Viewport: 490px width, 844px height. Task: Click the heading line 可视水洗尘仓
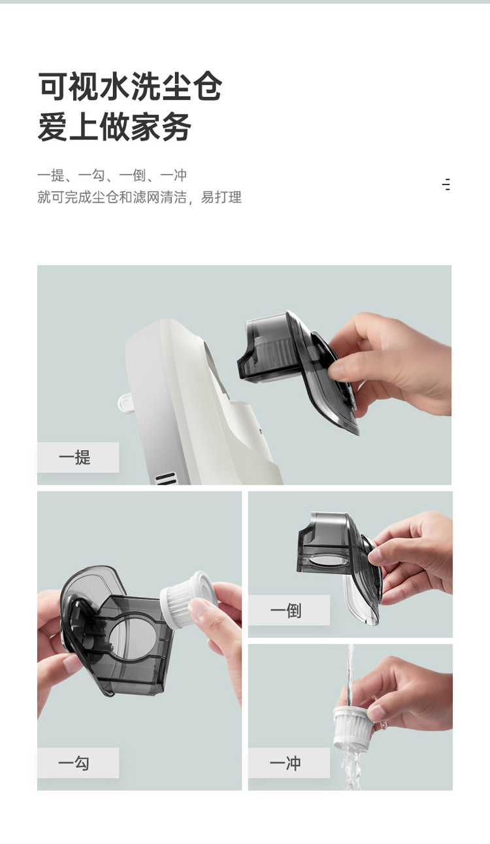pos(130,86)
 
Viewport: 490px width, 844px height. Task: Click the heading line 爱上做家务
pos(114,127)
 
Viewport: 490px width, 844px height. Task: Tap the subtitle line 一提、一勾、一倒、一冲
pos(112,175)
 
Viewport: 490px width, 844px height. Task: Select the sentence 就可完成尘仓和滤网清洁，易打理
pos(139,197)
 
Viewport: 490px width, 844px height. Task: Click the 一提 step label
pos(74,457)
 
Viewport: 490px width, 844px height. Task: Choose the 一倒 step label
pos(286,610)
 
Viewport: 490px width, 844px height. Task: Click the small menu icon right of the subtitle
pos(446,185)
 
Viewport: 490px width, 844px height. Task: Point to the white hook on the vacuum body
pos(125,402)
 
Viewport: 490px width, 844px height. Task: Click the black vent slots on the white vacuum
pos(166,478)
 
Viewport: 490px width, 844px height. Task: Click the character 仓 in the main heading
pos(207,86)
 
